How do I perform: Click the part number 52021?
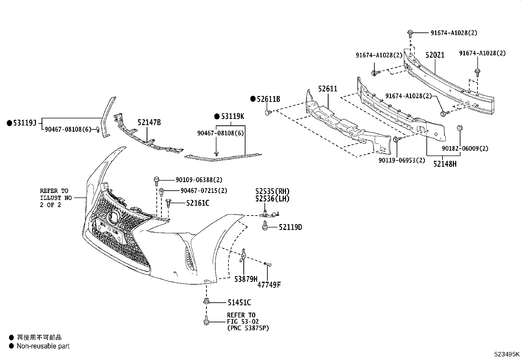tap(435, 55)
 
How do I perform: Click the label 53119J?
tap(25, 123)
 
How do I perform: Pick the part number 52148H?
tap(445, 164)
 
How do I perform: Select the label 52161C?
tap(198, 203)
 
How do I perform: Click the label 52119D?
tap(290, 227)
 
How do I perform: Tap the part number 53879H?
tap(246, 279)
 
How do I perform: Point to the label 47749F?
tap(269, 285)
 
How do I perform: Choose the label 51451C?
tap(240, 303)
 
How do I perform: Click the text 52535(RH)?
tap(273, 191)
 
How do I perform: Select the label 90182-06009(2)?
tap(465, 148)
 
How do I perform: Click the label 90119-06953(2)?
tap(402, 160)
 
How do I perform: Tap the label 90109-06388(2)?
tap(199, 180)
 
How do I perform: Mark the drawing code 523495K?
tap(507, 354)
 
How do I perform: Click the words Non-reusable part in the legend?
tap(43, 346)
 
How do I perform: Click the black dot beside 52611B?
tap(253, 99)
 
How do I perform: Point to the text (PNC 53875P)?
tap(248, 328)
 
